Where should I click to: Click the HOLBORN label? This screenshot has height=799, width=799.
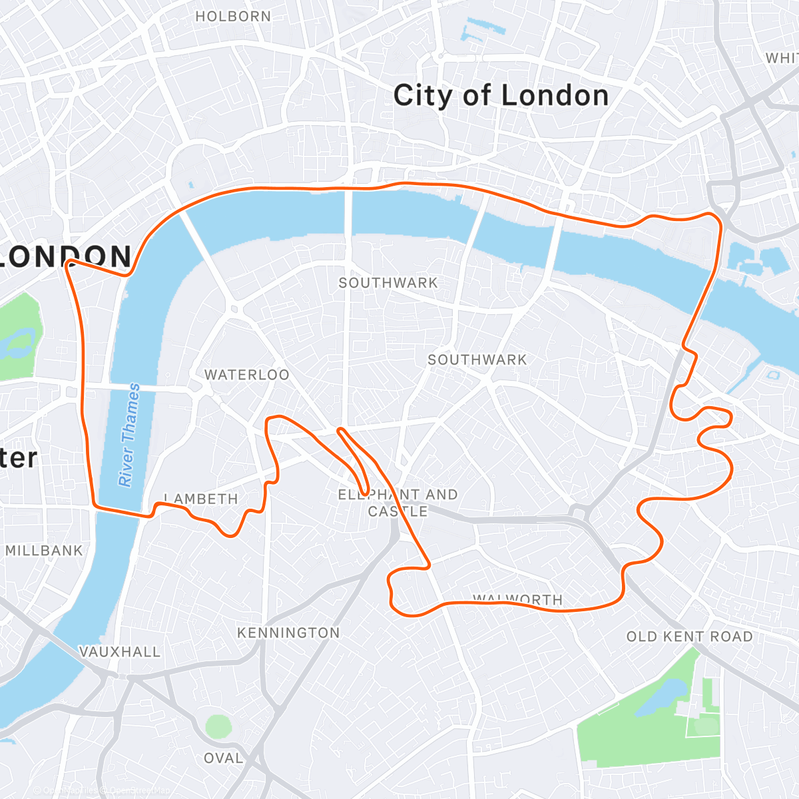click(233, 17)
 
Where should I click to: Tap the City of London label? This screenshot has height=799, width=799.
click(501, 96)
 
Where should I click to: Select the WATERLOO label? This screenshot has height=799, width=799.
click(247, 375)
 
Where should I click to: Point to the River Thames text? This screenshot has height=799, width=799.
click(129, 434)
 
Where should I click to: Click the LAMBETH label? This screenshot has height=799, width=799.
click(201, 499)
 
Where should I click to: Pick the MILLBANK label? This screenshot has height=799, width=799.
click(44, 551)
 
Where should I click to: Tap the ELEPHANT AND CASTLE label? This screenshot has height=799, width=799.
click(398, 503)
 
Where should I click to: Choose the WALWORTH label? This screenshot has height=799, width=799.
click(518, 599)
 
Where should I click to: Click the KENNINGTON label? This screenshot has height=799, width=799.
click(288, 633)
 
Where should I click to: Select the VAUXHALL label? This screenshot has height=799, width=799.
click(120, 652)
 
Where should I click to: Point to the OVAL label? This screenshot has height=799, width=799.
click(223, 758)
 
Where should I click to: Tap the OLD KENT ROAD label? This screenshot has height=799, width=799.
click(689, 637)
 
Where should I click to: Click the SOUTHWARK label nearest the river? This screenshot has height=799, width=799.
click(388, 283)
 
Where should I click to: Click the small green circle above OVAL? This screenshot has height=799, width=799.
click(218, 726)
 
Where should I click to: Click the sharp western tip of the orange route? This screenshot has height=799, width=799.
click(67, 264)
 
